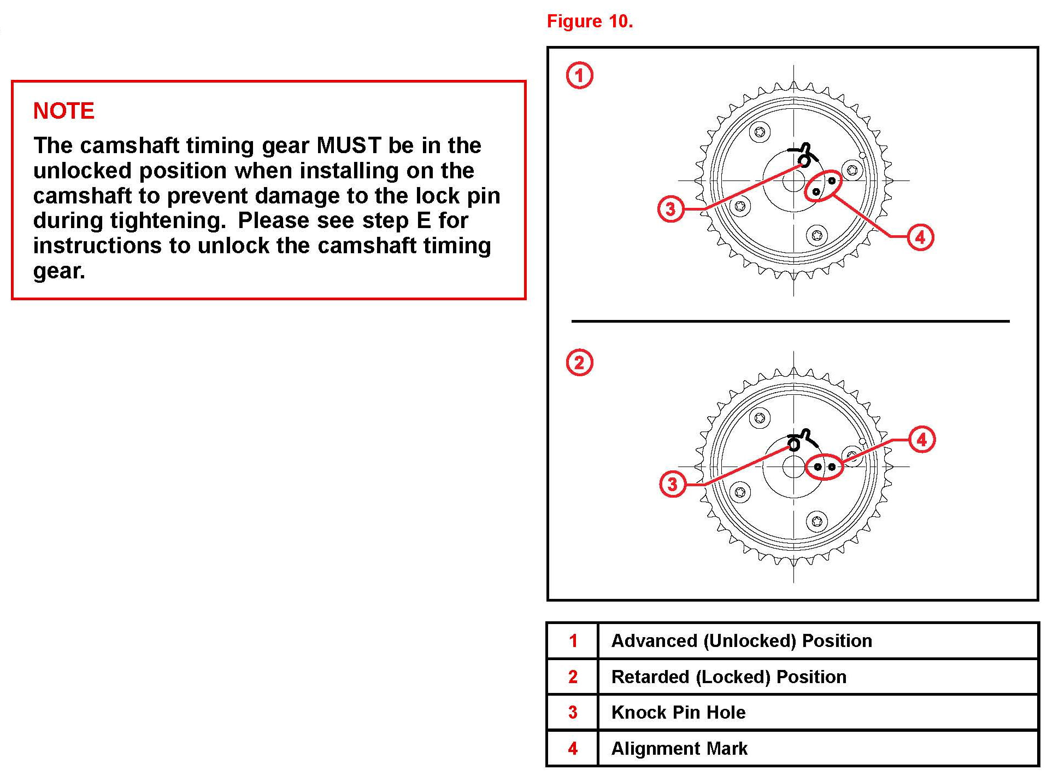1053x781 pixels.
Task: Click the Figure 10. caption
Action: [x=590, y=21]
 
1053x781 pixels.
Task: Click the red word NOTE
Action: [x=63, y=111]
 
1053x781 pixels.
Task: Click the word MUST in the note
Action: [x=349, y=145]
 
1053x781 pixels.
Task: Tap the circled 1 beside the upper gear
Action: [x=579, y=75]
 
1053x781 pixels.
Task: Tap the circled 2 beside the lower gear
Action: [x=579, y=363]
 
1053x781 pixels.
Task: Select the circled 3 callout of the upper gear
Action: [x=671, y=209]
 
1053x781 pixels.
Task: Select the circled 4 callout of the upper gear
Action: [x=920, y=237]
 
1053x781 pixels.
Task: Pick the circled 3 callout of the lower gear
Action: [x=673, y=484]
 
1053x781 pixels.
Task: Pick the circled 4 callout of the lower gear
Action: [x=922, y=440]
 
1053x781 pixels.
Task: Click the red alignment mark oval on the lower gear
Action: [x=825, y=467]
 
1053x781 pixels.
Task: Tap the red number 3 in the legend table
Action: [x=573, y=713]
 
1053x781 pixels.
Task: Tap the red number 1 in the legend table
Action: [x=573, y=641]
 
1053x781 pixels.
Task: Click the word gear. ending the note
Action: [x=59, y=271]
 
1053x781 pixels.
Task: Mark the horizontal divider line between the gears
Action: [x=790, y=321]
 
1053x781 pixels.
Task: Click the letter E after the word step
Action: [x=423, y=221]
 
